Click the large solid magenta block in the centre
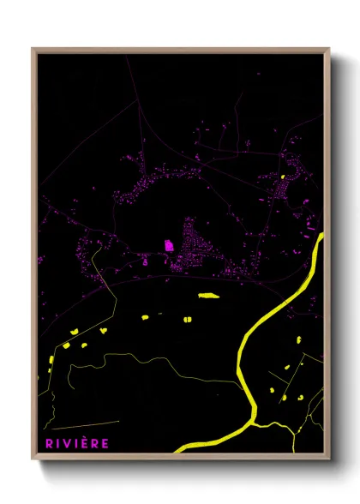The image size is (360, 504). click(169, 245)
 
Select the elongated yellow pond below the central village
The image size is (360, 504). click(208, 296)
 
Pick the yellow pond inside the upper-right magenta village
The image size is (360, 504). click(282, 177)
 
